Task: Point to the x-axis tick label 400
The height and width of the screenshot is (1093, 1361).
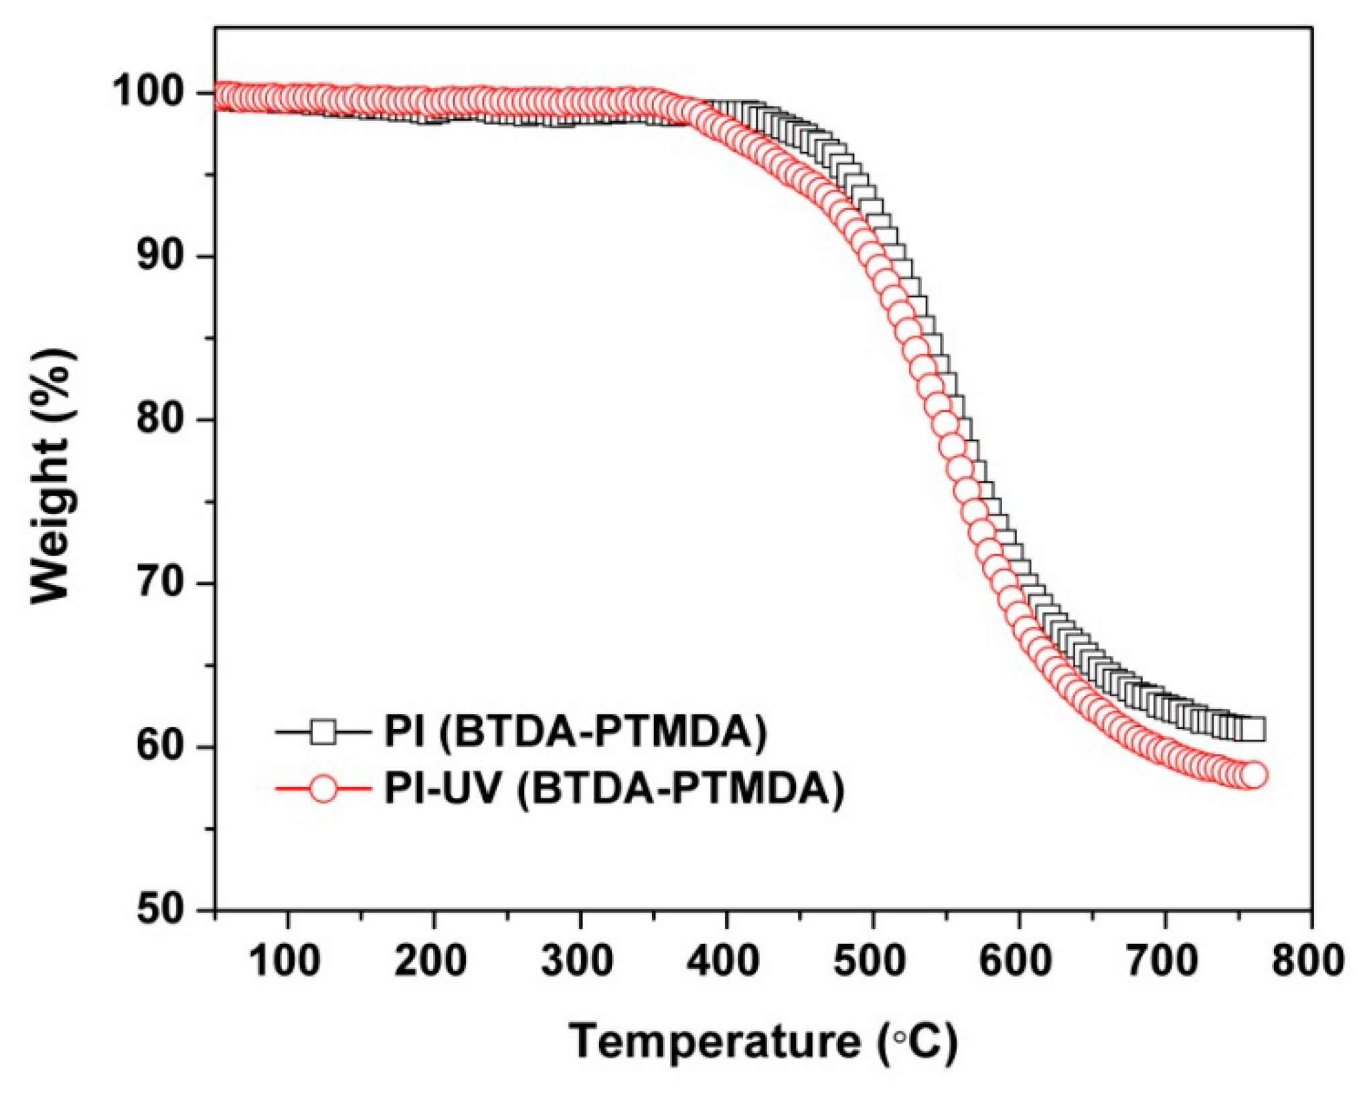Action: click(724, 962)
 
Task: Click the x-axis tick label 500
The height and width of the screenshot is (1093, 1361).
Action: click(870, 962)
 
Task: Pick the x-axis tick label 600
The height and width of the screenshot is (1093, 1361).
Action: click(1016, 962)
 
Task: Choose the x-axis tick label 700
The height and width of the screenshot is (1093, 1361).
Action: click(1162, 962)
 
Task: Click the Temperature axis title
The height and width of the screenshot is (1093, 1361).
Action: click(763, 1042)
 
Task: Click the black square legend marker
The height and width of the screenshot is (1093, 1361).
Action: click(323, 732)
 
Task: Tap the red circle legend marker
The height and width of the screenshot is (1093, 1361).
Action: click(323, 788)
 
